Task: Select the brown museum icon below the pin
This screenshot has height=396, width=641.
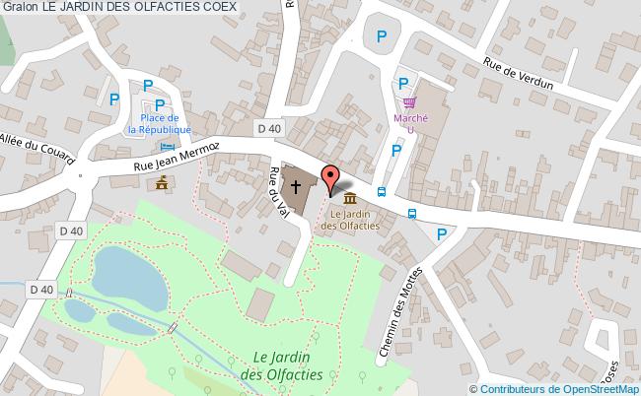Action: tap(350, 200)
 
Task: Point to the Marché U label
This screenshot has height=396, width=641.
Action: tap(410, 120)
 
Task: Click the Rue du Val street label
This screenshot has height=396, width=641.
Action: tap(276, 189)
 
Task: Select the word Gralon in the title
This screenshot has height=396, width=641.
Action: tap(20, 8)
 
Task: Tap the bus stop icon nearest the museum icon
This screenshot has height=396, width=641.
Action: tap(382, 191)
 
